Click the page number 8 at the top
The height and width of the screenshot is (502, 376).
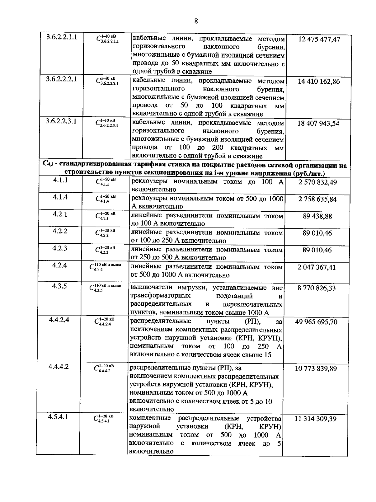pos(196,21)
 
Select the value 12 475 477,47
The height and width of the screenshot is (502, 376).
pos(319,39)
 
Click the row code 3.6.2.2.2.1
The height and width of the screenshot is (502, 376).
pos(61,79)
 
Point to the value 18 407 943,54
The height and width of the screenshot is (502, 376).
pos(318,123)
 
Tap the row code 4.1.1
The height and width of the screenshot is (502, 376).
pos(60,180)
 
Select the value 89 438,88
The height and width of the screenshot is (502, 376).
pos(317,216)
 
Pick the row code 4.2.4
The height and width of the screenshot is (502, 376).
pos(60,265)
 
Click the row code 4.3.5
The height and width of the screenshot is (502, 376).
pos(60,286)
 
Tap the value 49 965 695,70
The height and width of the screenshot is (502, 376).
pos(316,322)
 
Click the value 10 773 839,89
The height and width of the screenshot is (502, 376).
pos(316,369)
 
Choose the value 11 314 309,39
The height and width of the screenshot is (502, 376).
pos(316,419)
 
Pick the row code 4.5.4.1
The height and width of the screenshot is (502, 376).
pos(58,417)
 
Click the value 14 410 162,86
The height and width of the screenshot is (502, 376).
pos(319,81)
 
